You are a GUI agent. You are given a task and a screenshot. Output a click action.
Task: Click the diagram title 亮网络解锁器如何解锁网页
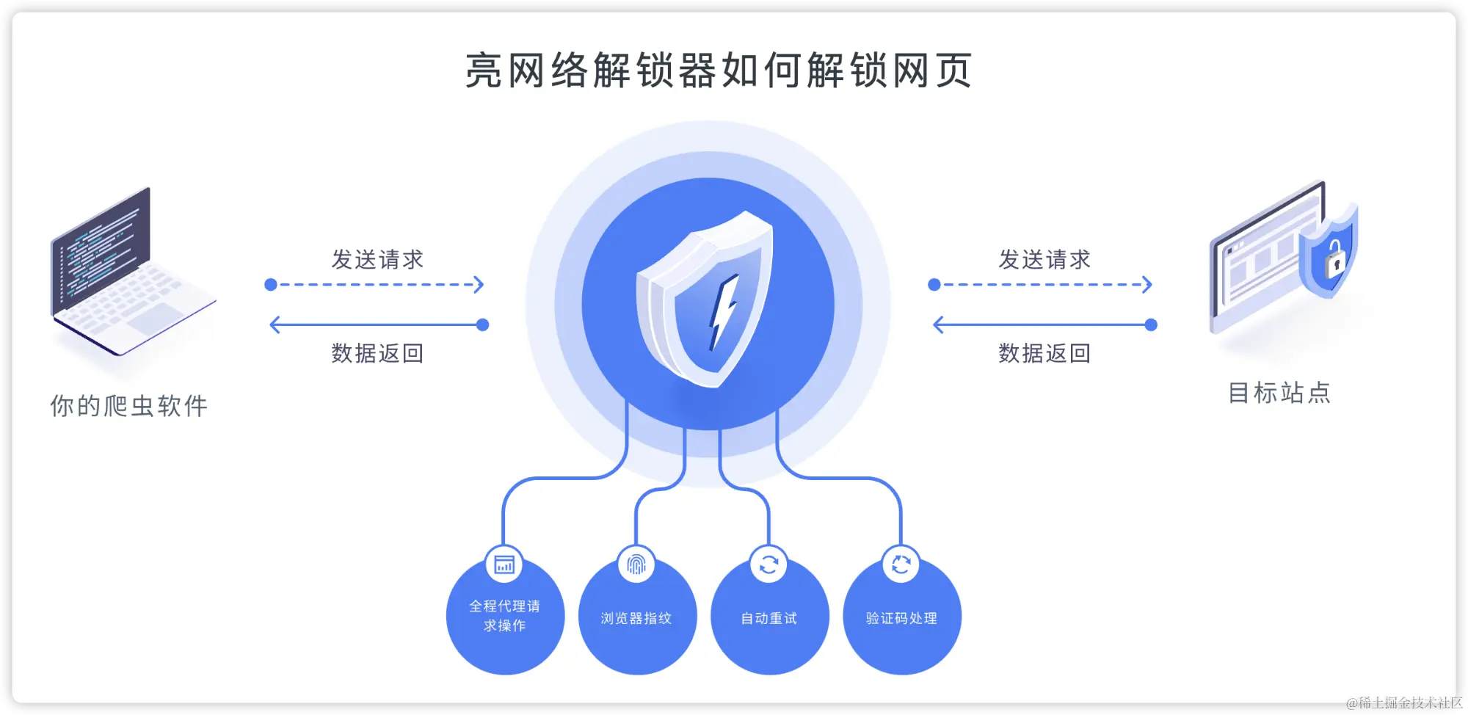tap(719, 71)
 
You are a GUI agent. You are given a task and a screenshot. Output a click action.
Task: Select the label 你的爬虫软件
tap(129, 406)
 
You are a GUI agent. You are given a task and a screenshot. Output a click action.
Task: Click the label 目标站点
tap(1279, 393)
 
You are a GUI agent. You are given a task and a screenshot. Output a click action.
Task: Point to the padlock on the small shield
tap(1334, 258)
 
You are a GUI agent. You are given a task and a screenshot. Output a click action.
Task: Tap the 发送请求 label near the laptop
tap(377, 259)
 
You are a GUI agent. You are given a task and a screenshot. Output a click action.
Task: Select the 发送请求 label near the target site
tap(1044, 259)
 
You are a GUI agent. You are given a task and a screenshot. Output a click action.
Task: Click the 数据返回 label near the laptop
tap(377, 353)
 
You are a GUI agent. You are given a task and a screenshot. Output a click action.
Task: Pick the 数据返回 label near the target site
tap(1044, 353)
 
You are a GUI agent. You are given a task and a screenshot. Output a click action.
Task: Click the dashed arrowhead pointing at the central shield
tap(479, 285)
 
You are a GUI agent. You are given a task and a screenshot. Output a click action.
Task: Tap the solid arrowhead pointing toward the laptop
tap(275, 324)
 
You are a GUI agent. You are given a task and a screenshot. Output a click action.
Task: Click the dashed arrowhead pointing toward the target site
tap(1147, 285)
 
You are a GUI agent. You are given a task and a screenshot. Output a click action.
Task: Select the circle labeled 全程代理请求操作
tap(505, 617)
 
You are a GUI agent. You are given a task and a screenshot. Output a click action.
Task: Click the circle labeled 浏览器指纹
tap(637, 618)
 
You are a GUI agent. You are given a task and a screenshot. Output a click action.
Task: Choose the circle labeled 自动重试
tap(769, 618)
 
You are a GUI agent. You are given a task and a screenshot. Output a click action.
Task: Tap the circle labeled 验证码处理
tap(902, 618)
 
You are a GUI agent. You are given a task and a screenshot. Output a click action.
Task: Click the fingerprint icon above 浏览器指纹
tap(636, 565)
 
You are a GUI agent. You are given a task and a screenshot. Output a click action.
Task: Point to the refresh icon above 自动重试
tap(768, 565)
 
